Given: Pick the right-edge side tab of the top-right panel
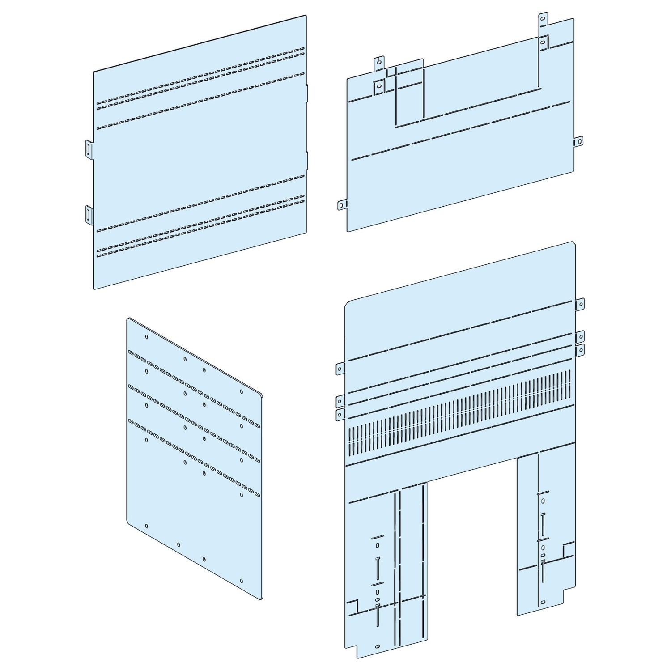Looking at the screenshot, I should pyautogui.click(x=579, y=141).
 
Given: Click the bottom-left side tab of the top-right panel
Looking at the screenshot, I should pyautogui.click(x=341, y=205).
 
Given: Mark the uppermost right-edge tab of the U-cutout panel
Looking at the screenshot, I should pyautogui.click(x=580, y=304).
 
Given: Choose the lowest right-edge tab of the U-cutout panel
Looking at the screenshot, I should pyautogui.click(x=580, y=350).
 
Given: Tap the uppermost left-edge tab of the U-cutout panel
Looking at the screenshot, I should pyautogui.click(x=340, y=369).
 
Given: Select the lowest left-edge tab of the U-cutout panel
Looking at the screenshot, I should pyautogui.click(x=340, y=414).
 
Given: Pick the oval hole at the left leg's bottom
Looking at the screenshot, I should pyautogui.click(x=377, y=647).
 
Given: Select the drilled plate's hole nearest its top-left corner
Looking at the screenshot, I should pyautogui.click(x=147, y=337).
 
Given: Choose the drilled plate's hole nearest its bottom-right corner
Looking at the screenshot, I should pyautogui.click(x=242, y=581).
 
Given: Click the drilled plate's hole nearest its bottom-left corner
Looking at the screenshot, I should pyautogui.click(x=147, y=526).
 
